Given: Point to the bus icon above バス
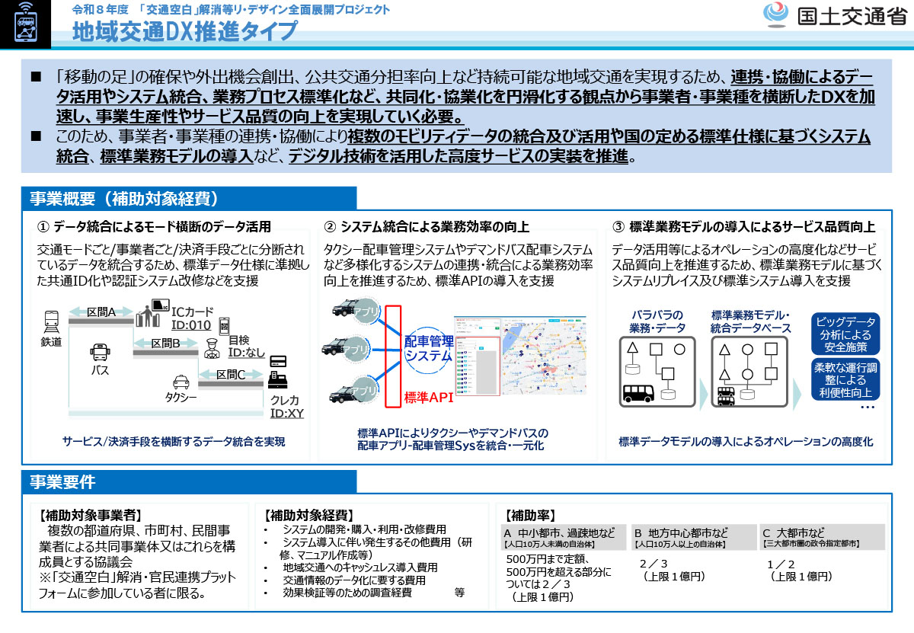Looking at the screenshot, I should [x=100, y=352].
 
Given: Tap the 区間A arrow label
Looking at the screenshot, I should [x=101, y=312].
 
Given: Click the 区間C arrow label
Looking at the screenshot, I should [x=230, y=374].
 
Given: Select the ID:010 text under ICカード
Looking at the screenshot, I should [x=190, y=325].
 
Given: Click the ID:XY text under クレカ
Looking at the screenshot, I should [x=287, y=414].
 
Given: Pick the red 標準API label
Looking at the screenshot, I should [x=428, y=397].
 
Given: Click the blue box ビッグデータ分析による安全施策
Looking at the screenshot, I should [x=845, y=334].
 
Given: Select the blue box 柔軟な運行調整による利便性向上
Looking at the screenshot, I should [x=845, y=380].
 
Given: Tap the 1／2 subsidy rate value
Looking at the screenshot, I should [x=783, y=564].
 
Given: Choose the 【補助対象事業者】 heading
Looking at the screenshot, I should [x=90, y=514].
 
